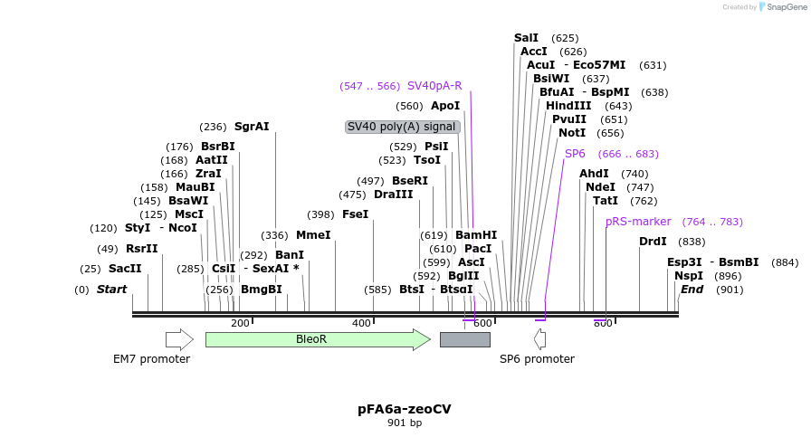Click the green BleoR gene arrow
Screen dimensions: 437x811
[x=317, y=339]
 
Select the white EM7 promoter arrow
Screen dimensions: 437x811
[x=179, y=339]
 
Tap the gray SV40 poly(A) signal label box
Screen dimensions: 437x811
[x=402, y=127]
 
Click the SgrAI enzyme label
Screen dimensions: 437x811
[x=252, y=127]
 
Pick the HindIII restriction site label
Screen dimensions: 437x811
[x=568, y=106]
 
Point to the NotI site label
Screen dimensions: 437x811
[x=572, y=133]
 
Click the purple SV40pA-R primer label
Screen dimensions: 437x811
[x=434, y=86]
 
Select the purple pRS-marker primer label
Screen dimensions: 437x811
[x=638, y=222]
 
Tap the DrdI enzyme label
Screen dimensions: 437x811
[x=653, y=242]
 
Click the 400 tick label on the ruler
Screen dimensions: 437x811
[x=361, y=323]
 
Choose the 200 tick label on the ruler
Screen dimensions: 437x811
[x=240, y=323]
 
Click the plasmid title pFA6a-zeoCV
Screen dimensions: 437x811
[x=404, y=409]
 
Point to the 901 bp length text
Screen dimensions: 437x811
[x=405, y=423]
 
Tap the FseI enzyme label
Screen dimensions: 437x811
[x=356, y=214]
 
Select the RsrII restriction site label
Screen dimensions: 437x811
[x=142, y=249]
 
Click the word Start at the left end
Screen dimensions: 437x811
[x=112, y=290]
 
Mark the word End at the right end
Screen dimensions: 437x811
[x=692, y=290]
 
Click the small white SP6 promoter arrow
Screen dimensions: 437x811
[x=539, y=339]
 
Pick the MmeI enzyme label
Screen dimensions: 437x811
[x=313, y=235]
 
